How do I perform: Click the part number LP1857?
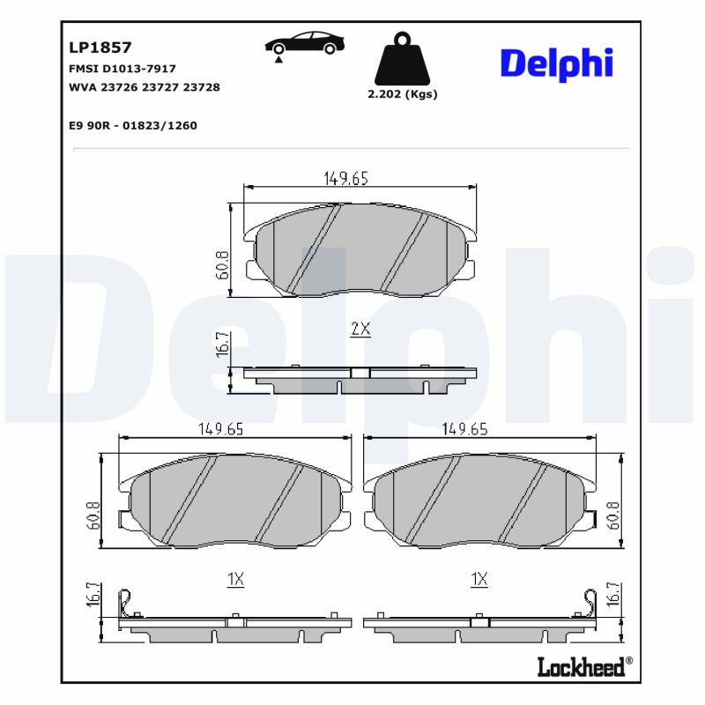[100, 48]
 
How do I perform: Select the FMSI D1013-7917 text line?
[122, 68]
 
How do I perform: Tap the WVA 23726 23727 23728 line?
[144, 87]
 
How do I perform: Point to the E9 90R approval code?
[132, 125]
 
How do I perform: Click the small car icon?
[305, 44]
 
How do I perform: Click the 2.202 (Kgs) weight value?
[402, 94]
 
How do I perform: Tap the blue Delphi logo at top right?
[556, 64]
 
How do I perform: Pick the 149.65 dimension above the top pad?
[345, 178]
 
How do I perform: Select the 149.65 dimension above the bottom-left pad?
[220, 429]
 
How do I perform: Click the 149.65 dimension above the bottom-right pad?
[464, 429]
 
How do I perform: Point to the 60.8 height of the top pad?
[222, 264]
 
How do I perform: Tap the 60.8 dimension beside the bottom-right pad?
[614, 515]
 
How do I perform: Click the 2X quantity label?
[360, 330]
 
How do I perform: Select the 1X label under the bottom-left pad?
[235, 579]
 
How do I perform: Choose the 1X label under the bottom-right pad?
[479, 579]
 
